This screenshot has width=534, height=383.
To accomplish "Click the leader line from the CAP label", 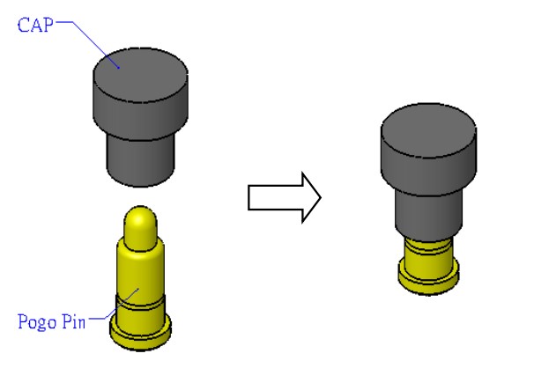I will pos(88,37).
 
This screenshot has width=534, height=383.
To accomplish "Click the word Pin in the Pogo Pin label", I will pos(72,321).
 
